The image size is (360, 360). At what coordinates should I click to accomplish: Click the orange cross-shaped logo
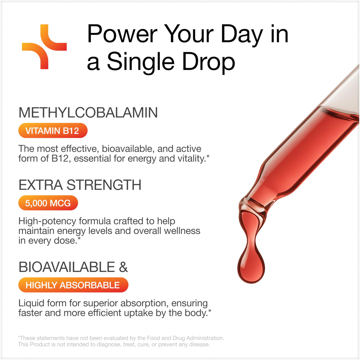pyautogui.click(x=44, y=47)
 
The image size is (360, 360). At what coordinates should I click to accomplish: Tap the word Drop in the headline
pyautogui.click(x=208, y=62)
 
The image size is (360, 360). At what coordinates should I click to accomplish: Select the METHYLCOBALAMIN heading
pyautogui.click(x=88, y=112)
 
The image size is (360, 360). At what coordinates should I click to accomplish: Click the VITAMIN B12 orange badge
pyautogui.click(x=53, y=130)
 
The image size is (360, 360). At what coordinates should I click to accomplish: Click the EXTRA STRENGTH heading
pyautogui.click(x=80, y=185)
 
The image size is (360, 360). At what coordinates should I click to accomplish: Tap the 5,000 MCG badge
pyautogui.click(x=48, y=203)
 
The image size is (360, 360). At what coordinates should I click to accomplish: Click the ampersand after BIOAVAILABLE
pyautogui.click(x=123, y=267)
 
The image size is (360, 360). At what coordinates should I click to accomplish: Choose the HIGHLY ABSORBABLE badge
pyautogui.click(x=73, y=285)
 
